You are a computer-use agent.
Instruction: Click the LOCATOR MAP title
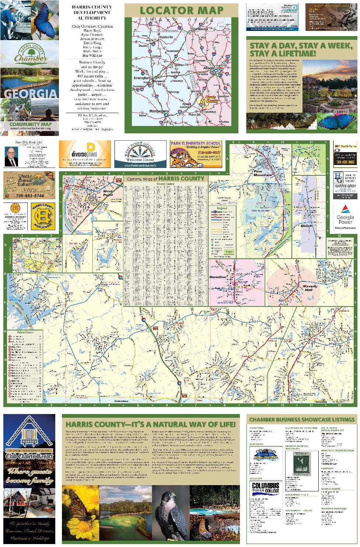click(x=181, y=10)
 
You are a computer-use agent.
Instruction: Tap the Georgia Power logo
click(x=345, y=217)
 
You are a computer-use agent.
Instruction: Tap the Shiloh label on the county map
click(x=306, y=226)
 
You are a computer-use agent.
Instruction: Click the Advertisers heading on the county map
click(x=25, y=332)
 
